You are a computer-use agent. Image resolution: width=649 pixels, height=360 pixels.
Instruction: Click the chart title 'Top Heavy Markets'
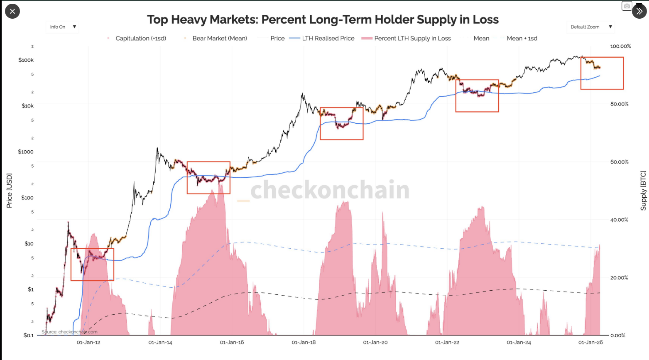323,20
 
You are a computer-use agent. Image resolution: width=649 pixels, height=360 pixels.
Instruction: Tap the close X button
12,11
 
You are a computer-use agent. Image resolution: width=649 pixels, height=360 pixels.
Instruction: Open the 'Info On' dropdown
62,27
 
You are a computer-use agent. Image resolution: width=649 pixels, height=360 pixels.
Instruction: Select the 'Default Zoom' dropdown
590,27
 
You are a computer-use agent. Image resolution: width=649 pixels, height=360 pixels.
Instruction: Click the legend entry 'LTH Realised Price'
328,38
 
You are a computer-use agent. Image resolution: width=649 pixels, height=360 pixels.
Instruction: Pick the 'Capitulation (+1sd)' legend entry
141,38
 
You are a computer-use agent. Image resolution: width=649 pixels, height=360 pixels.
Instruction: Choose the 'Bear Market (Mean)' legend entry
219,38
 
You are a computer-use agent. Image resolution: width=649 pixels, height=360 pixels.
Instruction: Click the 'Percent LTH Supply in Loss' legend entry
412,38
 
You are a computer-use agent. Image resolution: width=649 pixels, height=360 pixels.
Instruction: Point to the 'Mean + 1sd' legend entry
522,38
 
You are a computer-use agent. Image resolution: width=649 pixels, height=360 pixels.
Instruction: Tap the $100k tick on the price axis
26,60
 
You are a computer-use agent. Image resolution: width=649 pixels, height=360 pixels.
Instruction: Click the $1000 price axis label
26,152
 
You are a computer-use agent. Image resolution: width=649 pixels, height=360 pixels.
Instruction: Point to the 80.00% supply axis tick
619,104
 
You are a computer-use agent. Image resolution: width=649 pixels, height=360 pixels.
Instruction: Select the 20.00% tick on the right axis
619,278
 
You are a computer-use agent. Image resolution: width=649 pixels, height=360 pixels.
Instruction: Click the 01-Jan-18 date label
304,343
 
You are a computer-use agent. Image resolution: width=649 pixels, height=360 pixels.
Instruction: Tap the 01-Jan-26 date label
590,343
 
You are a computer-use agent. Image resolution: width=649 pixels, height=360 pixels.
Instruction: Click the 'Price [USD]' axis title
9,191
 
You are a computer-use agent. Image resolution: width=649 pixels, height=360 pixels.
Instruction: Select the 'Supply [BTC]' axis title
643,191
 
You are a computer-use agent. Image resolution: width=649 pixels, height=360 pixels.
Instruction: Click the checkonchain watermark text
330,190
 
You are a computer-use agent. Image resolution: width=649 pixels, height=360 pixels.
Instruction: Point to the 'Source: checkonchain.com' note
69,332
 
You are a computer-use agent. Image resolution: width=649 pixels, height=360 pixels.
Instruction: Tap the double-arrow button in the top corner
639,11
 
